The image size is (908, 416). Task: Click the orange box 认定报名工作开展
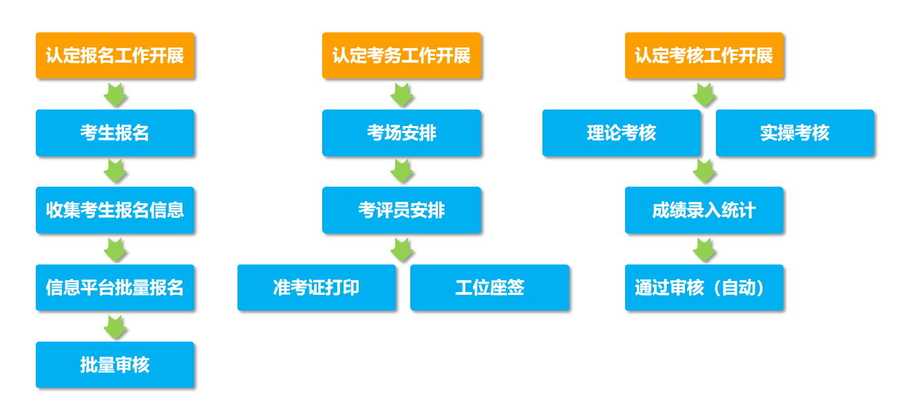[x=115, y=56]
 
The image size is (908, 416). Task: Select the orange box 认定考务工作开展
[x=402, y=56]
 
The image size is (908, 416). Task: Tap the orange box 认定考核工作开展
[x=704, y=56]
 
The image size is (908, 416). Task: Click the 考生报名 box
[x=115, y=133]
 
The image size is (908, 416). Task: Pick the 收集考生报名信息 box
[x=115, y=210]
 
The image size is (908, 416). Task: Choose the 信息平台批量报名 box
[x=115, y=288]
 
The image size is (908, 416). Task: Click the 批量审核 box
[x=115, y=365]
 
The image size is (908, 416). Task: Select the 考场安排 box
[x=402, y=133]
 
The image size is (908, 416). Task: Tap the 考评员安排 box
[x=402, y=210]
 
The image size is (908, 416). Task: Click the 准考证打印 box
[x=317, y=288]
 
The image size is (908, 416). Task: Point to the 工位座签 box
[x=489, y=288]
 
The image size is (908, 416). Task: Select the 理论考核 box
[x=622, y=133]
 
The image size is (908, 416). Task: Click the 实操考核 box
[x=795, y=133]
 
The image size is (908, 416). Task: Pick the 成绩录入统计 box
[x=704, y=210]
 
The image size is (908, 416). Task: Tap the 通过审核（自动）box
[x=704, y=288]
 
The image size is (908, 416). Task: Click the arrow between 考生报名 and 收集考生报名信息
[x=116, y=171]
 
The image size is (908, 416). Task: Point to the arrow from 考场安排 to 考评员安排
[x=402, y=171]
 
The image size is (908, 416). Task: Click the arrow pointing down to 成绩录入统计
[x=704, y=171]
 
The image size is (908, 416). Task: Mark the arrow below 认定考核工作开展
[x=704, y=95]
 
